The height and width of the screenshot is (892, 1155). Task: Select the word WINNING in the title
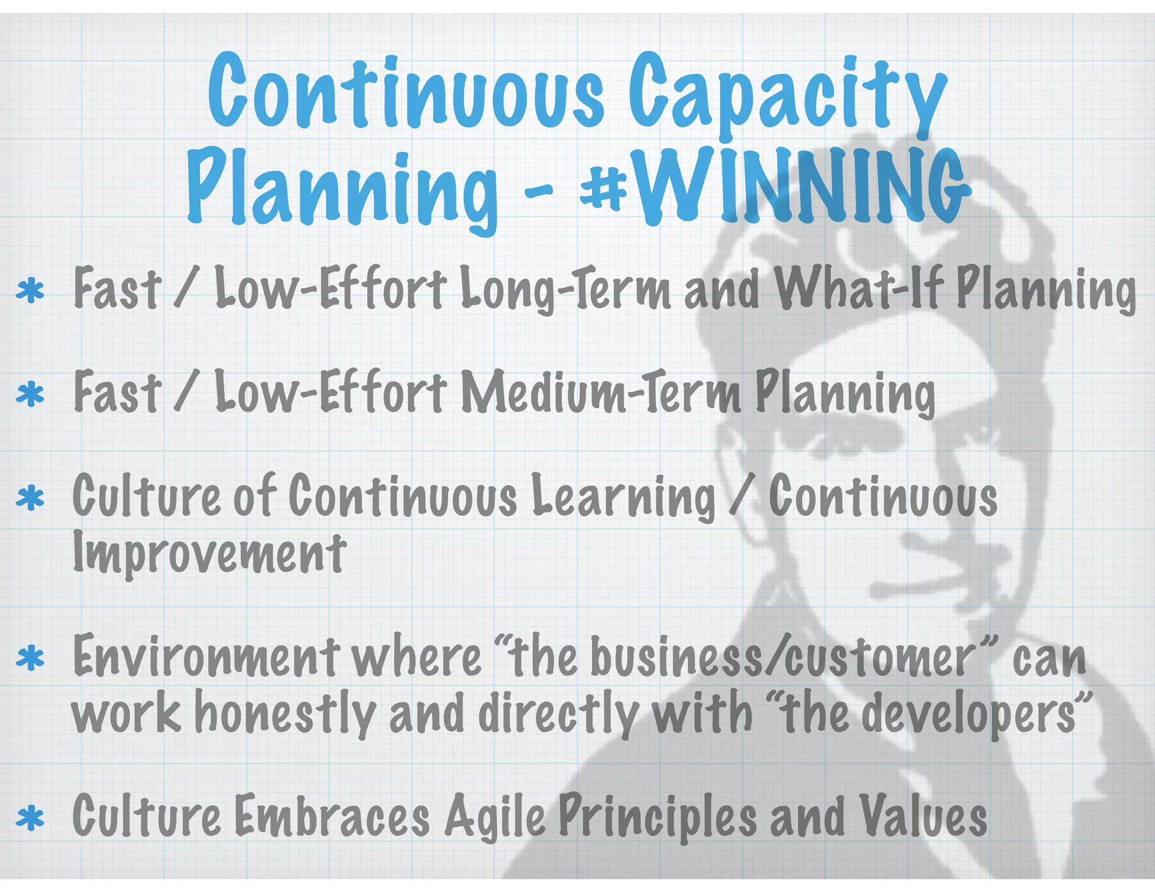801,186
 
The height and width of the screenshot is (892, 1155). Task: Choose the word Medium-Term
601,392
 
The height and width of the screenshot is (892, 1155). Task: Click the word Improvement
209,553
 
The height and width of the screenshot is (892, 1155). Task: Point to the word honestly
285,713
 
